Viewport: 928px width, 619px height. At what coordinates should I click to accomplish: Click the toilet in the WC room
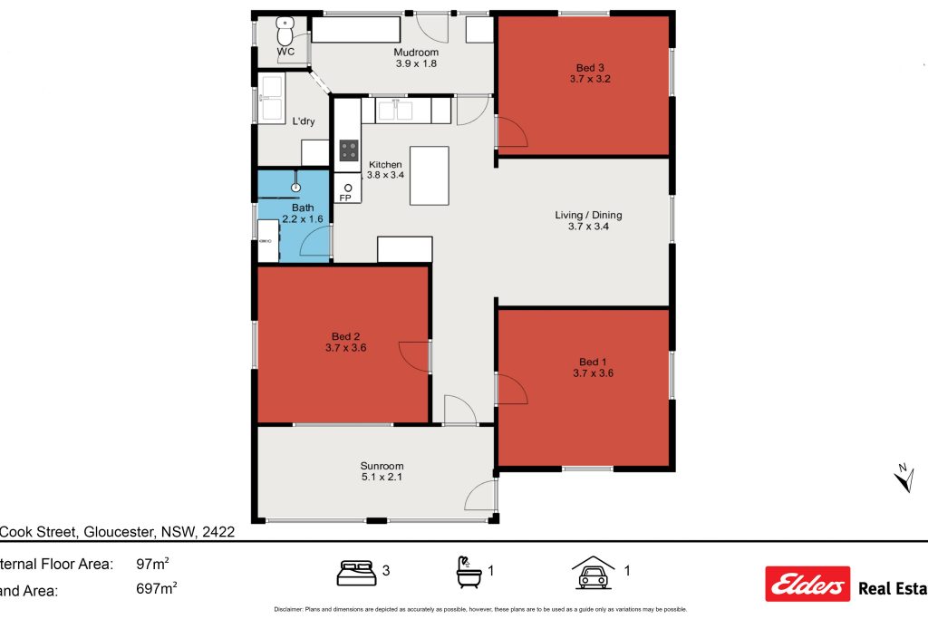(285, 33)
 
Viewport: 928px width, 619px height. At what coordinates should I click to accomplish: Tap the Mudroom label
(416, 53)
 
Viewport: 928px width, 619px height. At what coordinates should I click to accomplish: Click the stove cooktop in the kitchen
(348, 150)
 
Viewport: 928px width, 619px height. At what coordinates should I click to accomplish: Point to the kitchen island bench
(430, 175)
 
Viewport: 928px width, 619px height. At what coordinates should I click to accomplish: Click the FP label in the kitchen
(345, 197)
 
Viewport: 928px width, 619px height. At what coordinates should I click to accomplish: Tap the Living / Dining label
(588, 215)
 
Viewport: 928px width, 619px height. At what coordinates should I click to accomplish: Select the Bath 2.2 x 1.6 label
(302, 213)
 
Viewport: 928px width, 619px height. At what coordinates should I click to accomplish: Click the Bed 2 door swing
(414, 356)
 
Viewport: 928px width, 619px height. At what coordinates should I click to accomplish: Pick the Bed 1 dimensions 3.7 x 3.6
(594, 372)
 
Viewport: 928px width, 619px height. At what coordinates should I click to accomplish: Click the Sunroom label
(382, 466)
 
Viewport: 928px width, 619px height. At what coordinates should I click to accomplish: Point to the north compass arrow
(903, 477)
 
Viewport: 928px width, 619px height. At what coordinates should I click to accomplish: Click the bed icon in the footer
(356, 572)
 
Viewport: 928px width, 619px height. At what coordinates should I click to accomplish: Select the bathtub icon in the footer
(468, 571)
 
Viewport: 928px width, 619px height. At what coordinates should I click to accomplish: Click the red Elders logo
(807, 585)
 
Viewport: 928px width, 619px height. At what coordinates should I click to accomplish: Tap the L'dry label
(303, 121)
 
